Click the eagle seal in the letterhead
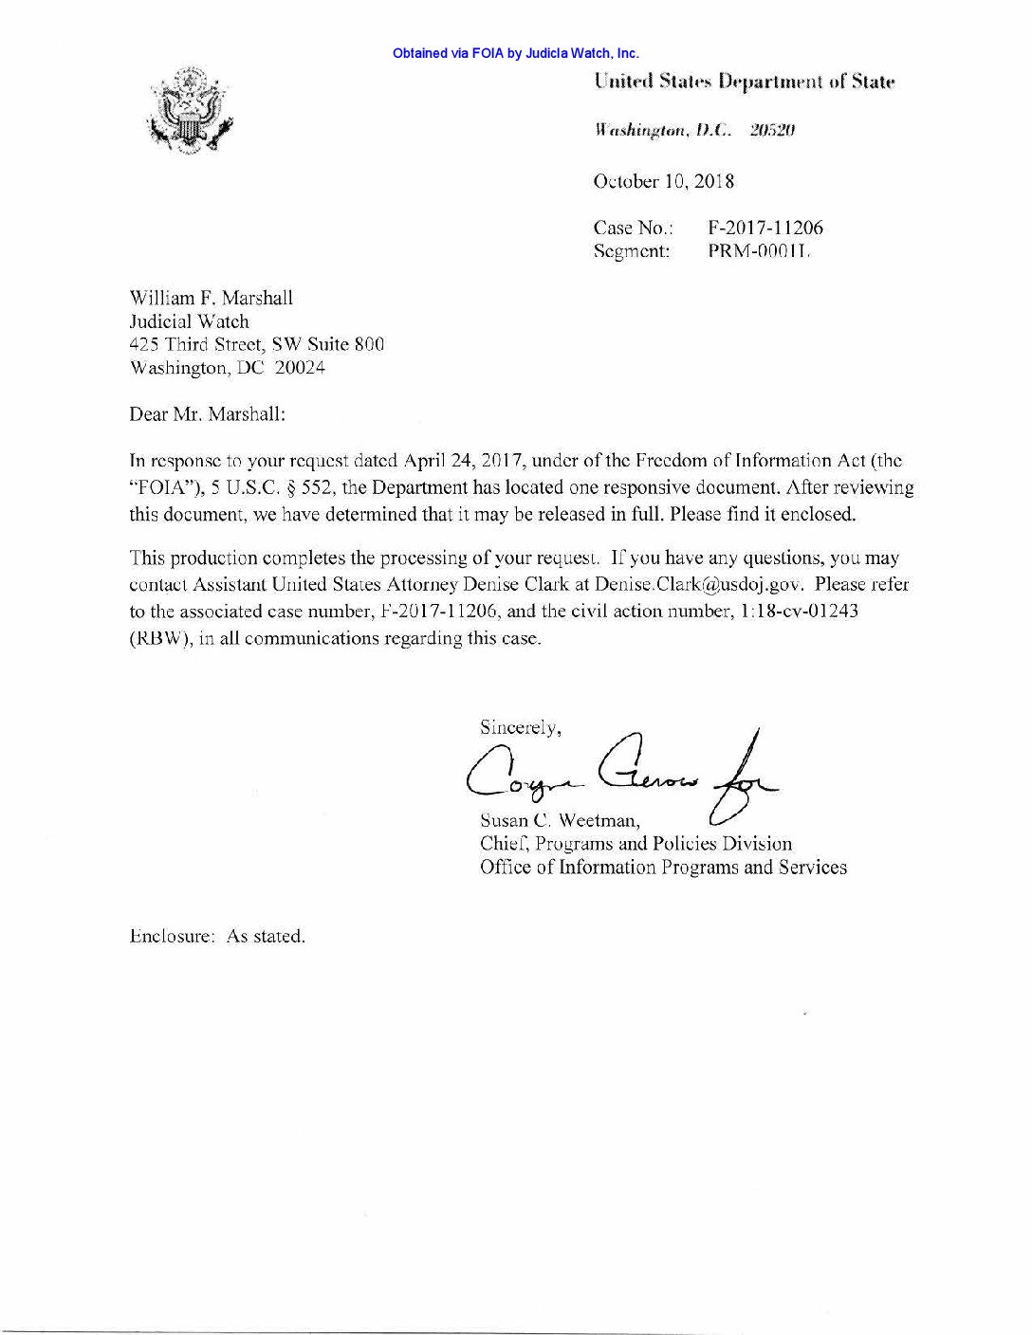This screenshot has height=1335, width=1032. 190,112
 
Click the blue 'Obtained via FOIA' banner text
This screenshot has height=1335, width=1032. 515,54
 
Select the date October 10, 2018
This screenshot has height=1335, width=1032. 663,181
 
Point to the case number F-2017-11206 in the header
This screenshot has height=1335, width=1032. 765,228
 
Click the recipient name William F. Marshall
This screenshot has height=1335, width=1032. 211,298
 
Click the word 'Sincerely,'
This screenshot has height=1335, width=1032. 521,728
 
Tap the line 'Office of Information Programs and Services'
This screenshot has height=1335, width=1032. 663,867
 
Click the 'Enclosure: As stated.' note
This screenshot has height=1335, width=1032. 217,937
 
